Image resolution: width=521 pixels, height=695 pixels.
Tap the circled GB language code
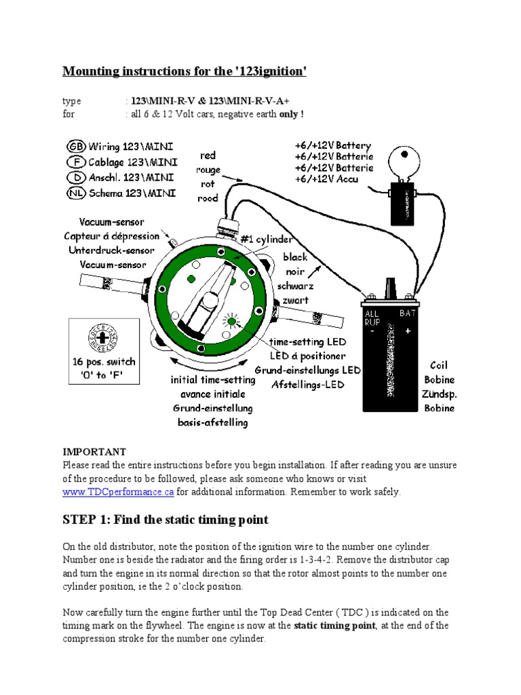76,147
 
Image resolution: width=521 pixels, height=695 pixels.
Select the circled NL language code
76,193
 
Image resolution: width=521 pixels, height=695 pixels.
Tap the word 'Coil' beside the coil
439,366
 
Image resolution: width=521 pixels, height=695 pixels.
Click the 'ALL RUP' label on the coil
372,318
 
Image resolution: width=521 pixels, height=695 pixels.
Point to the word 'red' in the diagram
208,155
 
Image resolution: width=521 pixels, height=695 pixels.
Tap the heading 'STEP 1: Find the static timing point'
166,520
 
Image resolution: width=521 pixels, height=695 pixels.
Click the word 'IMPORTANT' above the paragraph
94,451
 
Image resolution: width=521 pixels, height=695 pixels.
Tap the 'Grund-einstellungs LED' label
307,370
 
